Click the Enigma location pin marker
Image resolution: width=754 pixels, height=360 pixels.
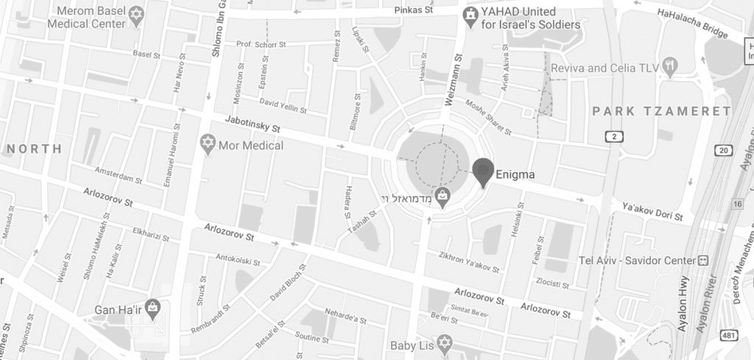(482, 172)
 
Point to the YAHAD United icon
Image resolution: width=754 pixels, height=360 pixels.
(470, 15)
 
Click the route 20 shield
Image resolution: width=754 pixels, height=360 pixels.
(724, 150)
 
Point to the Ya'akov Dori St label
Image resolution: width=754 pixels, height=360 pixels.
(653, 211)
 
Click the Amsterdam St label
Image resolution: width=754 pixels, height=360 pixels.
(118, 178)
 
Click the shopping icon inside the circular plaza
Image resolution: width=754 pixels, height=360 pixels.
(441, 197)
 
